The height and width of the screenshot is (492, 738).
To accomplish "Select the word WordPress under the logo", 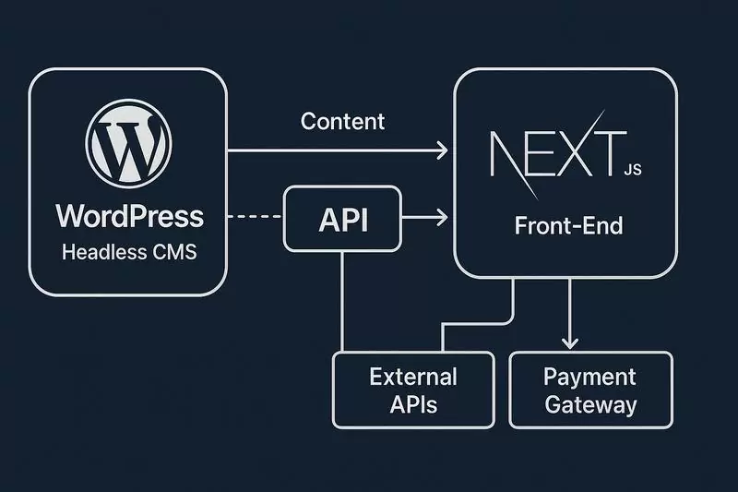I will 129,217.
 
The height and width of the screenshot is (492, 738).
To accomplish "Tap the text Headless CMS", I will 129,251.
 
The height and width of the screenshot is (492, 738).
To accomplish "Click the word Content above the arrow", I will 343,121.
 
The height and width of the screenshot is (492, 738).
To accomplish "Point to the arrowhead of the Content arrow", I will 443,150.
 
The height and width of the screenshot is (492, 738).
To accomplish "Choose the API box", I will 343,218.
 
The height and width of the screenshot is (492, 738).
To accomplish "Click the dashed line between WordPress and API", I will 255,218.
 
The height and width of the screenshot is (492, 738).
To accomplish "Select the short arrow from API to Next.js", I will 426,218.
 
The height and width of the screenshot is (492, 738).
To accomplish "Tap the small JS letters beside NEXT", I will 632,170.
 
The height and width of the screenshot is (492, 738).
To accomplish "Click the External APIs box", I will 413,390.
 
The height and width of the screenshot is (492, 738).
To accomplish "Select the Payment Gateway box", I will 590,390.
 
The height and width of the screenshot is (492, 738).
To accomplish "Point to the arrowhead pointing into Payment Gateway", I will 571,343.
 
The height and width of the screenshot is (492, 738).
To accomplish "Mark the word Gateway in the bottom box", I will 590,404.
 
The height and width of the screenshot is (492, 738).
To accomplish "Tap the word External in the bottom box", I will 413,377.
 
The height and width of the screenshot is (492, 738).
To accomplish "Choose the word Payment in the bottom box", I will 590,377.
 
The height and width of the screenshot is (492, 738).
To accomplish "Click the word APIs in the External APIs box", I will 413,404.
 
